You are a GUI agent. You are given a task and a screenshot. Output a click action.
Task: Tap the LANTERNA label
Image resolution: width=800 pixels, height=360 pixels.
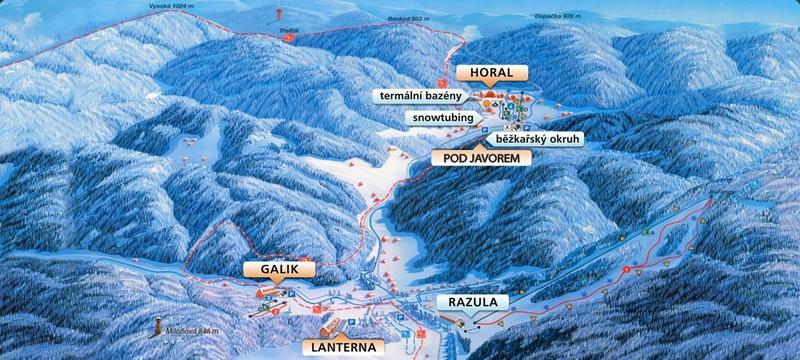344,346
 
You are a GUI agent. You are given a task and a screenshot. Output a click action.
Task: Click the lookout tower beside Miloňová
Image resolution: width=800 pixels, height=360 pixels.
157,326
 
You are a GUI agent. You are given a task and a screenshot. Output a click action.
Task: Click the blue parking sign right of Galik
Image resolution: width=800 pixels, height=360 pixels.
292,293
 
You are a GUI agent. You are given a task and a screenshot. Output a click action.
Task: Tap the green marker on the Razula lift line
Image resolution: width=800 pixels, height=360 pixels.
648,233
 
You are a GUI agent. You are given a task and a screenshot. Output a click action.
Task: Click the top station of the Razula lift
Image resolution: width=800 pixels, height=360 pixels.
711,194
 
